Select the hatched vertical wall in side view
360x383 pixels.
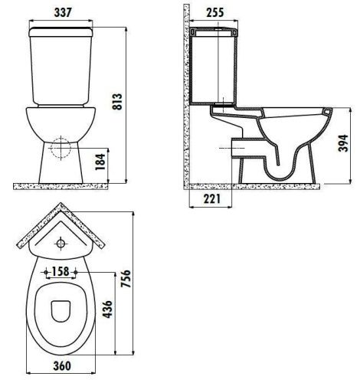point(183,100)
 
